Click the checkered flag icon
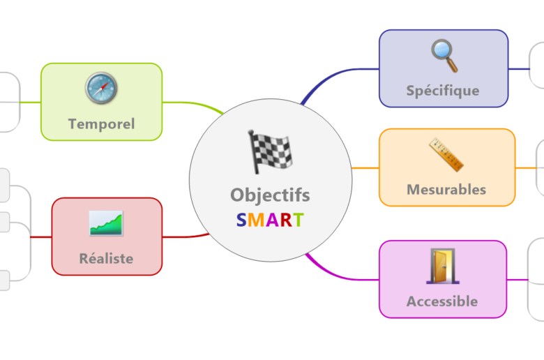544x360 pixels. pos(270,151)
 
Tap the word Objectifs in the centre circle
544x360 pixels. pos(270,195)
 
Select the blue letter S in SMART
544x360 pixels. pos(241,220)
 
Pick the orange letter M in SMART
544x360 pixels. pos(255,220)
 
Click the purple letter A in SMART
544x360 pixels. pos(271,220)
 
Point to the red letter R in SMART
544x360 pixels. pos(285,220)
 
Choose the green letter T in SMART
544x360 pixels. pos(298,220)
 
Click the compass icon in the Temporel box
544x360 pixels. pos(101,89)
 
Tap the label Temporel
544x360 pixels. pos(101,124)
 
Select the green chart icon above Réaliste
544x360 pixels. pos(106,223)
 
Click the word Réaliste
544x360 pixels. pos(106,258)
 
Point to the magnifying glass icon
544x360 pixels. pos(444,56)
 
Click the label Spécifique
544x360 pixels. pos(443,91)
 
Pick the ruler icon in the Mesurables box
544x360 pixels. pos(446,155)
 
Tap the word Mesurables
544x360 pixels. pos(446,189)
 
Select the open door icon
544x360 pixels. pos(443,267)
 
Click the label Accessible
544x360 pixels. pos(442,301)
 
